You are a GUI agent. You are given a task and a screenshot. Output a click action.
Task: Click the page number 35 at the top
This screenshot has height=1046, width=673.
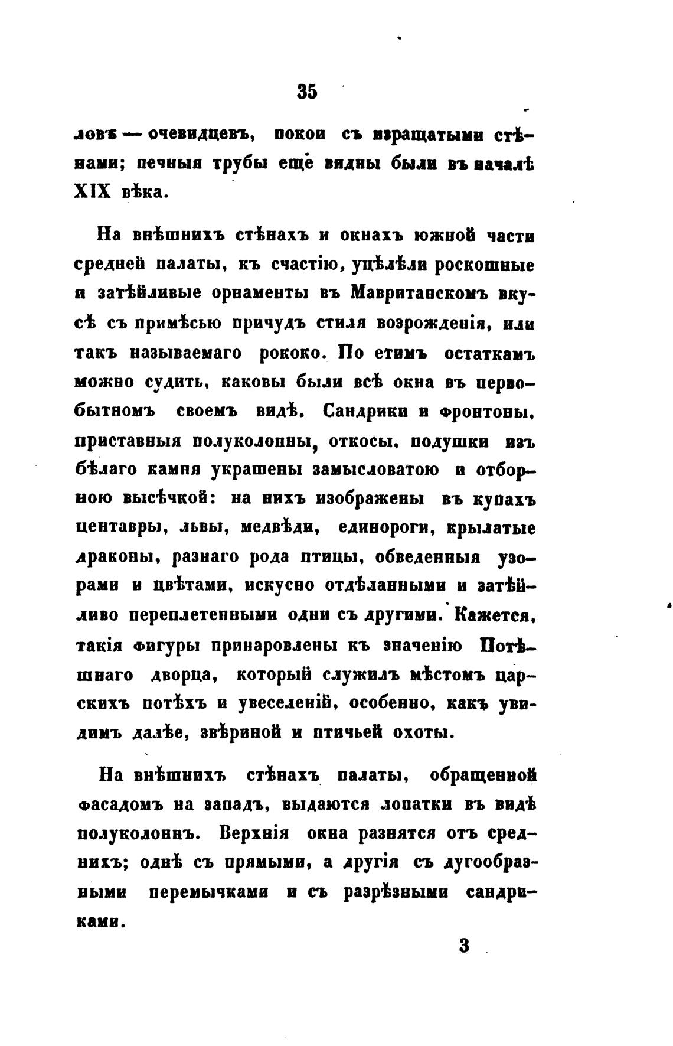(x=308, y=92)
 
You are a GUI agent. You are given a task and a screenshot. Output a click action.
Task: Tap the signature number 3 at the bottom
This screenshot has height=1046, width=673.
(x=463, y=945)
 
